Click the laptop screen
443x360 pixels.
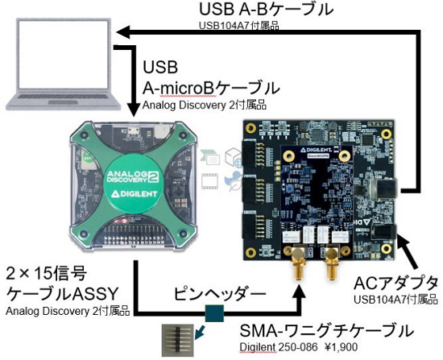pyautogui.click(x=63, y=54)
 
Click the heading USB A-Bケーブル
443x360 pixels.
pyautogui.click(x=267, y=10)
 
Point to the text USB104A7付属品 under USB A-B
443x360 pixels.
pyautogui.click(x=239, y=26)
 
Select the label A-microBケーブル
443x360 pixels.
pyautogui.click(x=211, y=88)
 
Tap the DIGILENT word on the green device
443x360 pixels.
pyautogui.click(x=135, y=194)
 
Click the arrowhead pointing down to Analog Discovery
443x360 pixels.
pyautogui.click(x=133, y=110)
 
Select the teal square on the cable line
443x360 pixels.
pyautogui.click(x=215, y=313)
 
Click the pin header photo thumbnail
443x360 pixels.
pyautogui.click(x=178, y=340)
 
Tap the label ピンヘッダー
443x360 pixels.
pyautogui.click(x=220, y=294)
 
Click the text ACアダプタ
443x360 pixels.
pyautogui.click(x=395, y=283)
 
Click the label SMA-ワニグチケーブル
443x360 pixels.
pyautogui.click(x=326, y=331)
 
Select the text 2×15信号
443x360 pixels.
pyautogui.click(x=47, y=274)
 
